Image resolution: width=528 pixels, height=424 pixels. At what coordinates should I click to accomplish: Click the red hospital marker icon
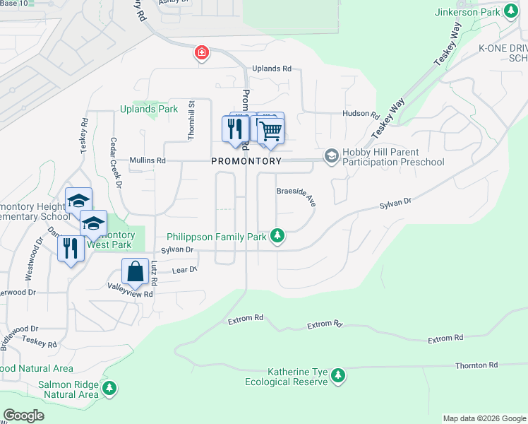[x=202, y=53]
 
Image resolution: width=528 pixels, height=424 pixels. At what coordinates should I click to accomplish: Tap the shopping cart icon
[x=270, y=130]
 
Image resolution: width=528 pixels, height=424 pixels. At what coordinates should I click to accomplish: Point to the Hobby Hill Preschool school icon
[x=331, y=156]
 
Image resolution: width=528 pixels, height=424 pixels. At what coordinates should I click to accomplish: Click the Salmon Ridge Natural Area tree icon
[x=109, y=389]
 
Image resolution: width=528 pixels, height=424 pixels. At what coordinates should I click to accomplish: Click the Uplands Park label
[x=149, y=109]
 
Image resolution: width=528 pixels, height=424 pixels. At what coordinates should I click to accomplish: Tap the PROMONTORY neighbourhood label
[x=246, y=161]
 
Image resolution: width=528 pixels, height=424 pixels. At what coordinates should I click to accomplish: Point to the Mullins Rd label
[x=147, y=161]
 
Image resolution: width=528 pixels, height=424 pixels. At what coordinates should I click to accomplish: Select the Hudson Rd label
[x=361, y=114]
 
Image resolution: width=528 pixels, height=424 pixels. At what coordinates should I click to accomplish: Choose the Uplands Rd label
[x=272, y=69]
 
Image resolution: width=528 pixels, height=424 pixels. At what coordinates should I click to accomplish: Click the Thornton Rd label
[x=476, y=365]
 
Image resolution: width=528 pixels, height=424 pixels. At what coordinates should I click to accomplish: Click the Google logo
[x=23, y=416]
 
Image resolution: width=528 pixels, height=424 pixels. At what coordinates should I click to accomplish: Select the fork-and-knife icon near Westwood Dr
[x=70, y=249]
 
